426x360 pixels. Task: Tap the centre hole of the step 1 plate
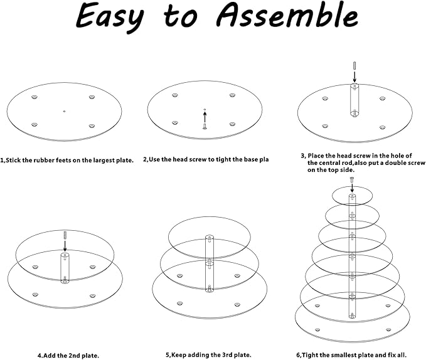pyautogui.click(x=64, y=111)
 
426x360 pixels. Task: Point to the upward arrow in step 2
pyautogui.click(x=205, y=117)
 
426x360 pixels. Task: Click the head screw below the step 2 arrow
pyautogui.click(x=205, y=126)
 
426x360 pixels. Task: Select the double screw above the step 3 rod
pyautogui.click(x=354, y=66)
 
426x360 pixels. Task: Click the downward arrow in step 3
pyautogui.click(x=354, y=77)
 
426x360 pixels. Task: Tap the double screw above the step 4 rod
pyautogui.click(x=65, y=235)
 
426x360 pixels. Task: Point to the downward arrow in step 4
pyautogui.click(x=65, y=246)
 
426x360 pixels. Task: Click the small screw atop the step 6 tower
pyautogui.click(x=352, y=179)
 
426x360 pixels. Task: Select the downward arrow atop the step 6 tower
pyautogui.click(x=352, y=188)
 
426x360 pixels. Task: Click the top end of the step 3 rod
pyautogui.click(x=354, y=85)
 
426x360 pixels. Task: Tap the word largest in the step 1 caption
pyautogui.click(x=104, y=161)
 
